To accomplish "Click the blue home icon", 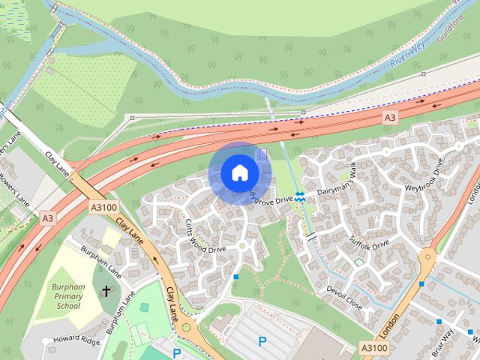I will click(x=239, y=173).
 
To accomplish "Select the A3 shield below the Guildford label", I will click(x=389, y=118).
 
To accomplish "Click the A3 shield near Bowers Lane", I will click(x=47, y=217).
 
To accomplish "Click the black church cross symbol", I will click(x=106, y=291).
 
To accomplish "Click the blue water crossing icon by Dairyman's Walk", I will click(x=299, y=196).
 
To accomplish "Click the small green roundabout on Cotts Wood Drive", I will click(x=241, y=245).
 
